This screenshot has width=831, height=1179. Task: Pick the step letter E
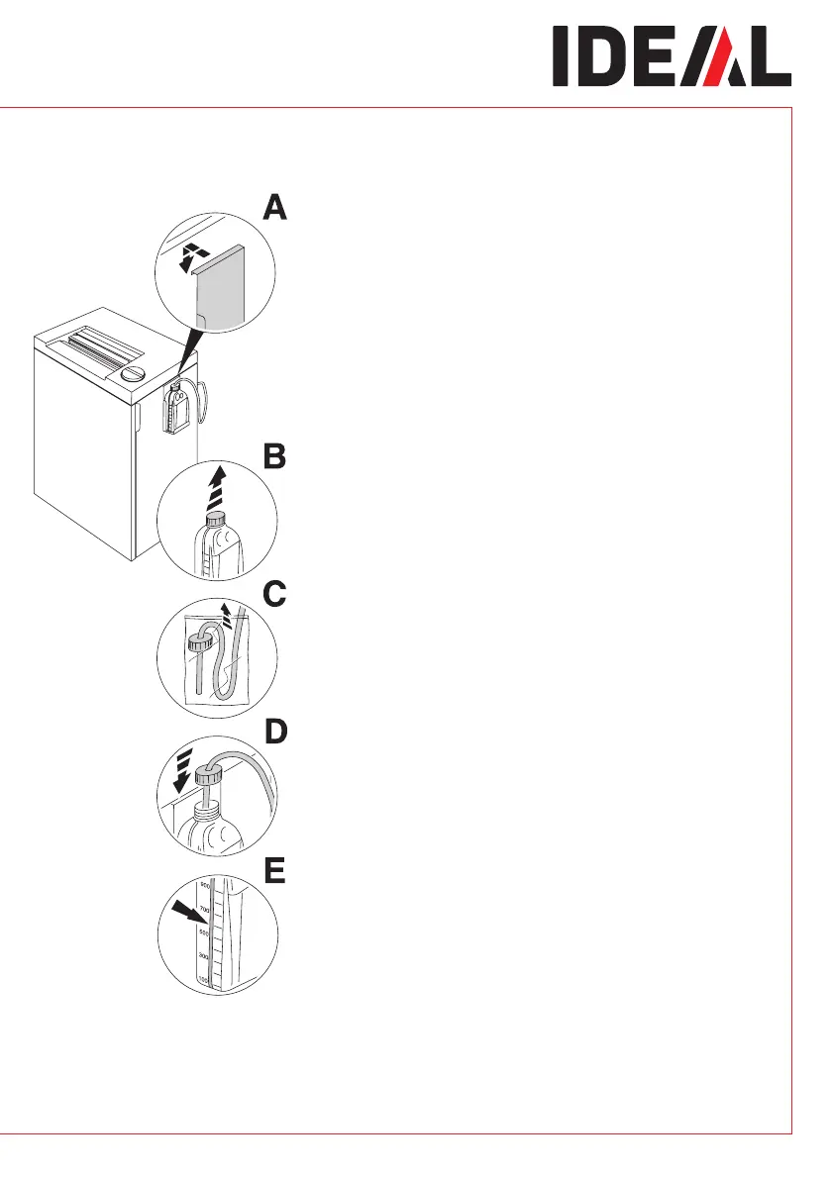coord(273,870)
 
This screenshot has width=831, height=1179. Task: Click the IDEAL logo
coord(672,56)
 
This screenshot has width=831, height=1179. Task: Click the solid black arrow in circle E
coord(186,916)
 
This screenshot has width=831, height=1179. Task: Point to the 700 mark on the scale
coord(205,909)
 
